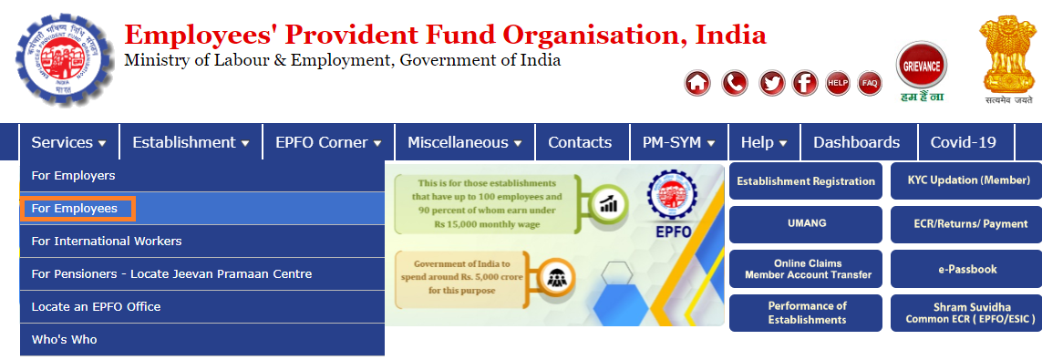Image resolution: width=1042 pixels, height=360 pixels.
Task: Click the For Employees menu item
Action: pyautogui.click(x=75, y=209)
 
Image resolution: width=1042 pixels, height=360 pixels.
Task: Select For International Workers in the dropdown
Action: pyautogui.click(x=107, y=242)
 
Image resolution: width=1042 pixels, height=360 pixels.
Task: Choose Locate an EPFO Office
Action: pyautogui.click(x=96, y=307)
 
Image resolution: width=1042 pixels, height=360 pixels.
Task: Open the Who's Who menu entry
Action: pyautogui.click(x=64, y=340)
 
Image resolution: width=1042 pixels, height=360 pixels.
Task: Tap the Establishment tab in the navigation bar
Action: pyautogui.click(x=191, y=142)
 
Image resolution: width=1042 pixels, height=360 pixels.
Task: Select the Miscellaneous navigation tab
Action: pyautogui.click(x=464, y=142)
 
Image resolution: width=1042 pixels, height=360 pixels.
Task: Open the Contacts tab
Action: pyautogui.click(x=580, y=142)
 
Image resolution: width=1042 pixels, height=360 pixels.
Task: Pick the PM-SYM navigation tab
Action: pyautogui.click(x=678, y=142)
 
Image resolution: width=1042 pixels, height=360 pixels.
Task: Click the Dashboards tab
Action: pyautogui.click(x=856, y=142)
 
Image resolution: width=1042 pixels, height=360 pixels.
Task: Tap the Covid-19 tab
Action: pyautogui.click(x=963, y=142)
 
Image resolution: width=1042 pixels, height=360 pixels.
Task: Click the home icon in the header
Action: pyautogui.click(x=697, y=83)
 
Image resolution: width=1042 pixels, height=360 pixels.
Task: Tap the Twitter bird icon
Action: pyautogui.click(x=772, y=83)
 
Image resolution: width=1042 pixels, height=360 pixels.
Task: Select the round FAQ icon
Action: pyautogui.click(x=870, y=83)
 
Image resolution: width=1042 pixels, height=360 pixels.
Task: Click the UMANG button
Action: pyautogui.click(x=805, y=223)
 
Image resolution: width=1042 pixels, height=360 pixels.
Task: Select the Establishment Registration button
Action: pyautogui.click(x=805, y=180)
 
